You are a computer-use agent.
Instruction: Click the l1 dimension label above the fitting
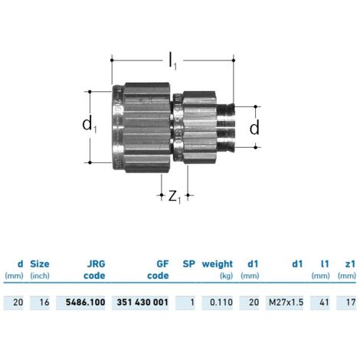[173, 62]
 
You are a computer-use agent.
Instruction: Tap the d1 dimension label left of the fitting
[90, 125]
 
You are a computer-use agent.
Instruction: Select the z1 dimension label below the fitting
[175, 197]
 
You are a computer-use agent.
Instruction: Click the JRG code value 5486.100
[86, 303]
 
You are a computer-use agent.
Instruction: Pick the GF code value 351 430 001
[142, 303]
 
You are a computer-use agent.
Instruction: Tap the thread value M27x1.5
[286, 303]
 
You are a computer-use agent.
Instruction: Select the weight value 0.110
[221, 303]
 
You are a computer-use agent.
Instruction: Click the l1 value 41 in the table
[324, 303]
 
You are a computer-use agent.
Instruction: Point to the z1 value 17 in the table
[351, 303]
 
